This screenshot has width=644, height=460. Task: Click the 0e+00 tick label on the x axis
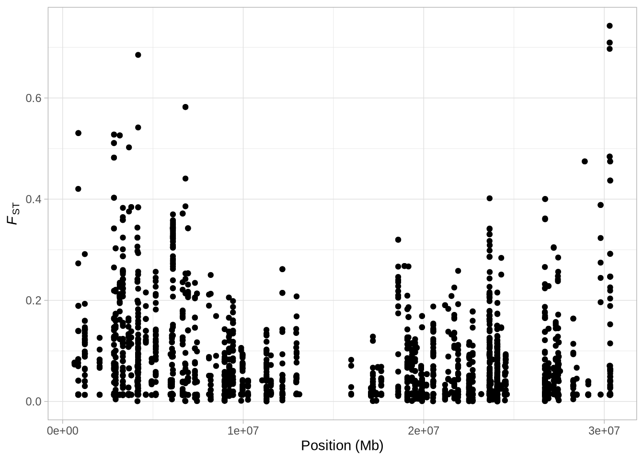click(x=63, y=431)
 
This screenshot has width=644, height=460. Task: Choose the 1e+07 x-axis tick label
click(x=243, y=431)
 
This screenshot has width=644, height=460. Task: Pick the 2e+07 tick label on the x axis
click(x=424, y=431)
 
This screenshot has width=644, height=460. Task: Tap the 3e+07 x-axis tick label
click(x=604, y=431)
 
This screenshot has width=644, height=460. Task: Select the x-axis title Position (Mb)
click(x=342, y=446)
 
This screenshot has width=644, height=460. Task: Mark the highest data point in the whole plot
click(x=609, y=26)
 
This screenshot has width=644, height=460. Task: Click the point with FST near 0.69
click(x=138, y=55)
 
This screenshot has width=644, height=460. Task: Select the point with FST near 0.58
click(x=185, y=107)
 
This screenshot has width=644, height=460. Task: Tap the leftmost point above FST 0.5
click(x=78, y=133)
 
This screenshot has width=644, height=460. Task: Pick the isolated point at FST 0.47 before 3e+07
click(x=585, y=161)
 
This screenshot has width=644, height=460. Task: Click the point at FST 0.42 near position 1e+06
click(x=78, y=189)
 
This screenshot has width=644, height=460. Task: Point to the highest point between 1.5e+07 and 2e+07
click(x=398, y=240)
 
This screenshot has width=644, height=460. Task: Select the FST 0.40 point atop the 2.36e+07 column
click(x=489, y=198)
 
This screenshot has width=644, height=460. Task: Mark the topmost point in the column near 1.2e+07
click(x=282, y=269)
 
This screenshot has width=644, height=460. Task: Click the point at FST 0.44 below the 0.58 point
click(x=185, y=179)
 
